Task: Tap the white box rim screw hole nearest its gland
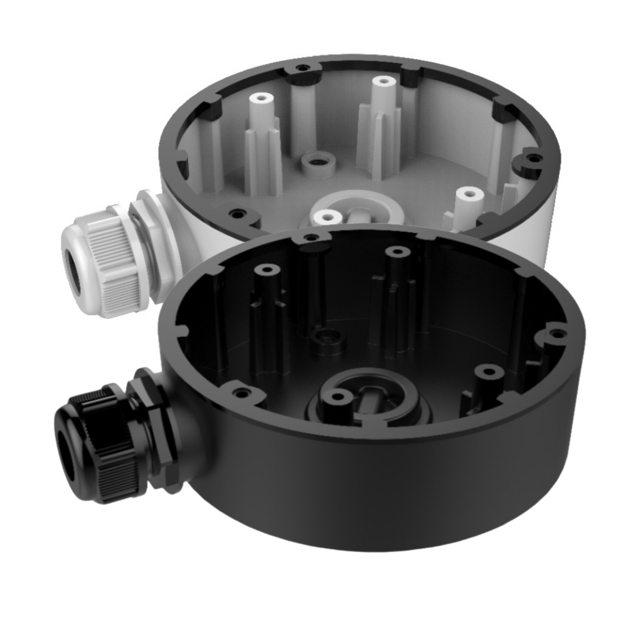[x=237, y=214]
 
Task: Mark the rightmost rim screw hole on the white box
[x=534, y=158]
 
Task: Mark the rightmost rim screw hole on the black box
[x=559, y=333]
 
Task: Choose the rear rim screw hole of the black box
[x=310, y=237]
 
